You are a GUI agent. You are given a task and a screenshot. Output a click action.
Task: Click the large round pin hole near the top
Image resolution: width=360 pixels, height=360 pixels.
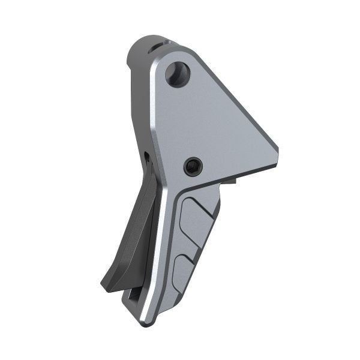click(178, 74)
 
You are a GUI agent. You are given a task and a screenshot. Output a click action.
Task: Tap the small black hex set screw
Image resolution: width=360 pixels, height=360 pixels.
click(193, 166)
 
